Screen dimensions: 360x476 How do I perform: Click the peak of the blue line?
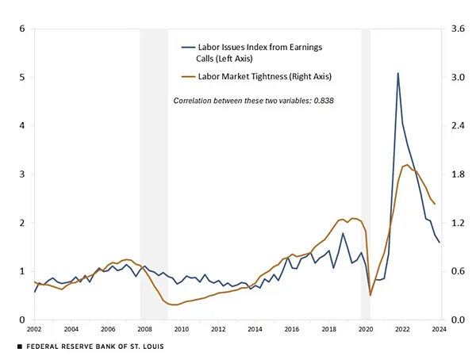click(398, 73)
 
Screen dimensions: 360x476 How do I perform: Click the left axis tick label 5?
click(22, 78)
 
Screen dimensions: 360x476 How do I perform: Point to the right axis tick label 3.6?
click(459, 29)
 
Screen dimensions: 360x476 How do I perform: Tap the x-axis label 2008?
click(144, 329)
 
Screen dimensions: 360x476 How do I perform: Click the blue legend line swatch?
click(188, 48)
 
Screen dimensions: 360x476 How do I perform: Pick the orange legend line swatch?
click(188, 76)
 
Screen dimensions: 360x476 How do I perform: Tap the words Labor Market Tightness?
click(238, 76)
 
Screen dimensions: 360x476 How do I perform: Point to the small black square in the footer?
click(20, 347)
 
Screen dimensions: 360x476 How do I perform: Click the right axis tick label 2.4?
click(459, 126)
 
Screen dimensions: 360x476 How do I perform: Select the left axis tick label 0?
click(22, 320)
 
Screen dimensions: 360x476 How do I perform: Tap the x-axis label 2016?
click(292, 329)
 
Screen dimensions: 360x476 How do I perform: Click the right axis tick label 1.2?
click(459, 223)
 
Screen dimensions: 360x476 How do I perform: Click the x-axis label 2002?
click(34, 329)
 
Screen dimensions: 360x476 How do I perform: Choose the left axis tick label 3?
click(22, 174)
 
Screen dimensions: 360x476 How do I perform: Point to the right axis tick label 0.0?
click(459, 320)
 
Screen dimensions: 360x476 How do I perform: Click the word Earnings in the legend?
click(303, 48)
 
